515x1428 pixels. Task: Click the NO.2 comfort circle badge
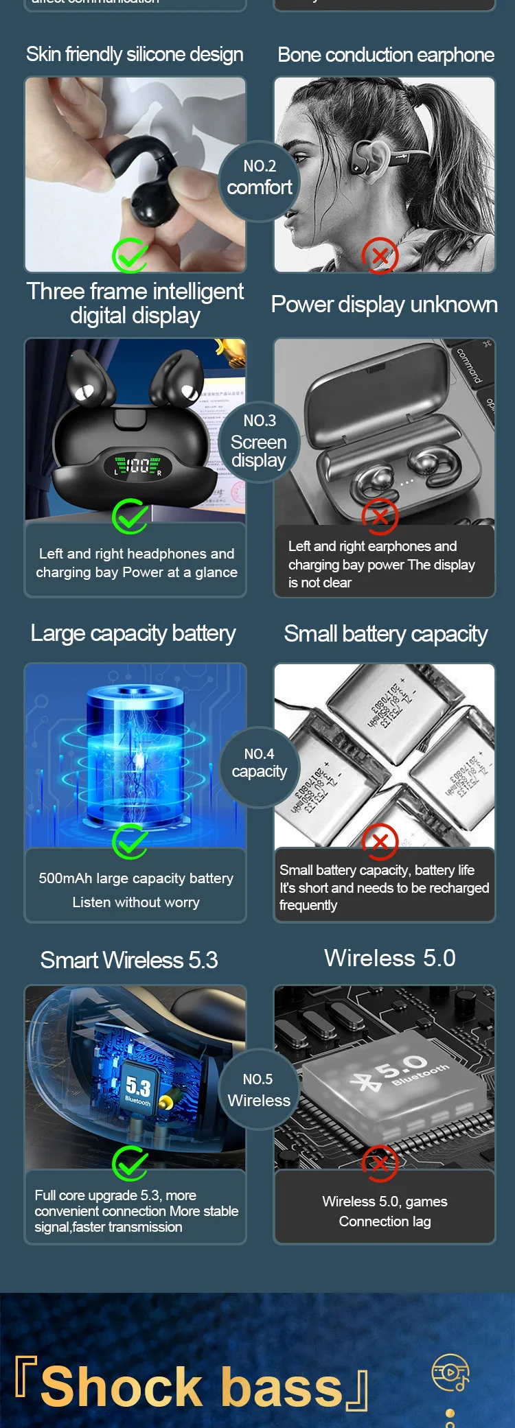(x=259, y=178)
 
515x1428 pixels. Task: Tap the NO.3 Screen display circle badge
(x=259, y=441)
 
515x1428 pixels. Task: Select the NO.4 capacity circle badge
(x=259, y=764)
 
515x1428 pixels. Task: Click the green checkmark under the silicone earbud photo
(x=130, y=256)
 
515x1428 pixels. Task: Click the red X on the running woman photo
(x=380, y=256)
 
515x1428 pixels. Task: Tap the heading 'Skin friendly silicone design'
(x=135, y=54)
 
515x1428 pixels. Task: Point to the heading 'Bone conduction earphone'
(x=386, y=55)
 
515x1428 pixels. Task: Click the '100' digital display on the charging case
(x=138, y=467)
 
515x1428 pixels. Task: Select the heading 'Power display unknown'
(x=384, y=304)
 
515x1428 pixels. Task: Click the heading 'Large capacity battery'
(x=133, y=633)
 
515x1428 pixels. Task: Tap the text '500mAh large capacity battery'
(x=136, y=878)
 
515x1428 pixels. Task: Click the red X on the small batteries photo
(x=380, y=842)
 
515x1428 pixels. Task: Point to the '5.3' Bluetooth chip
(x=139, y=1087)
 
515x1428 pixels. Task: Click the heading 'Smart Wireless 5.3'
(x=129, y=960)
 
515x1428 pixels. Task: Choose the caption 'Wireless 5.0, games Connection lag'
(x=385, y=1211)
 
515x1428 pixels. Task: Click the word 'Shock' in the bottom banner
(x=121, y=1388)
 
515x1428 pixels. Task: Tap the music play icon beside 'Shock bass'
(x=450, y=1372)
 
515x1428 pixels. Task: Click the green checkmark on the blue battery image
(x=130, y=841)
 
